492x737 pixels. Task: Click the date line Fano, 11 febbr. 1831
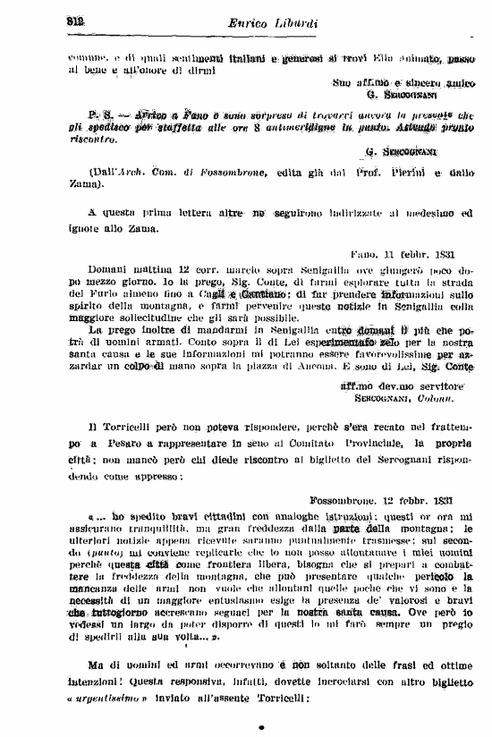pyautogui.click(x=406, y=253)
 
